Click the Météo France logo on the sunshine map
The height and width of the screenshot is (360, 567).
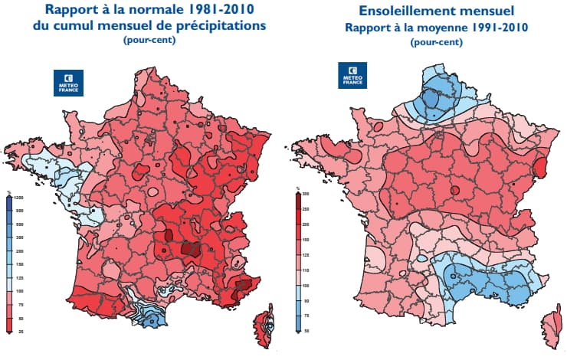point(351,77)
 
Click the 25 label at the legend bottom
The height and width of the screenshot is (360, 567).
point(10,330)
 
